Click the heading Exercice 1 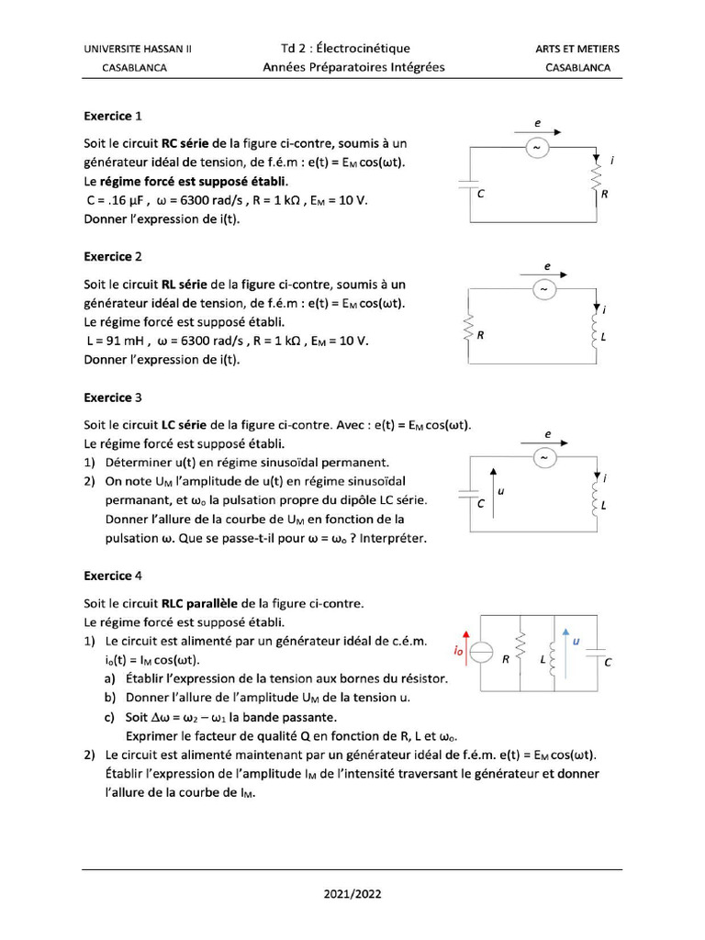click(x=113, y=117)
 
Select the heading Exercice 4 click(x=113, y=576)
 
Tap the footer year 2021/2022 click(x=352, y=893)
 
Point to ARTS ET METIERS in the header click(x=576, y=49)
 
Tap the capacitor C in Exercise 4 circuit click(x=595, y=654)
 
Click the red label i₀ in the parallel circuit click(x=457, y=650)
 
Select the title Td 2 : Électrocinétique click(x=345, y=49)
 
